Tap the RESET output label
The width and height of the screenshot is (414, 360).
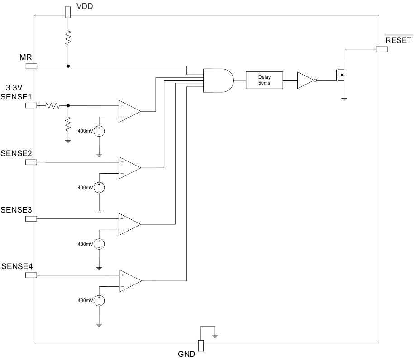pos(398,40)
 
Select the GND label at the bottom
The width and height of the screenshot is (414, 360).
pos(186,354)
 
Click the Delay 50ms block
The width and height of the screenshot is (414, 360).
pos(264,80)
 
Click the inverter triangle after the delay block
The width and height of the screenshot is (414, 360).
pos(305,80)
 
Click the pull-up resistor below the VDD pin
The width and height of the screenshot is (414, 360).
pos(68,39)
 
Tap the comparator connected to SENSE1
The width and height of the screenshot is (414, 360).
pos(129,111)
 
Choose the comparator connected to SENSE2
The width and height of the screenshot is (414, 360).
pos(129,168)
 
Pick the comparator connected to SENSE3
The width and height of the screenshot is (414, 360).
pos(129,224)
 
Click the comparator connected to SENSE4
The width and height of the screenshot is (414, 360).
pos(130,281)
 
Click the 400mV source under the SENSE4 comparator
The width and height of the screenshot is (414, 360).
pos(99,300)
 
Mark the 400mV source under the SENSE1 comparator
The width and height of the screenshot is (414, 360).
pos(99,131)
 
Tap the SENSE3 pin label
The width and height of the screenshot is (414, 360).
pos(17,210)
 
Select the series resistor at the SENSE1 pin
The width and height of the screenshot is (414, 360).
pos(52,105)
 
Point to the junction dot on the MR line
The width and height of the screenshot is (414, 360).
pos(68,66)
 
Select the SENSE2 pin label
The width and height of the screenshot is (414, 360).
pos(17,153)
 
